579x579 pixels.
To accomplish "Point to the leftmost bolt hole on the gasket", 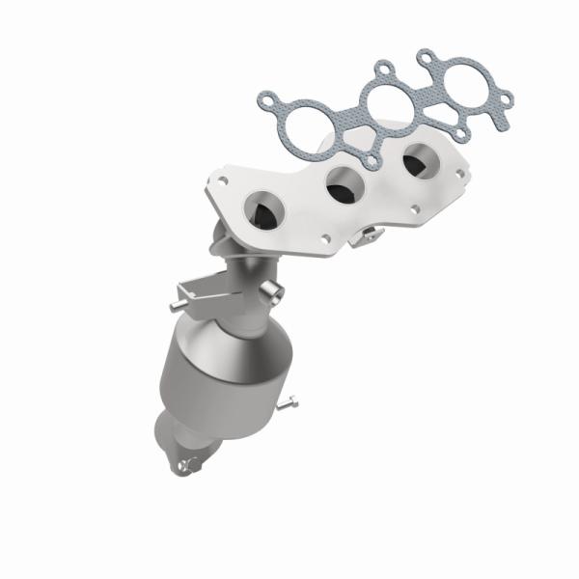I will click(x=265, y=98).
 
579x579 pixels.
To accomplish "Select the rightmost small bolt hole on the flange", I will click(x=460, y=174).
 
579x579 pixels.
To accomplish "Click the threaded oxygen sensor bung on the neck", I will click(x=276, y=292).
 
